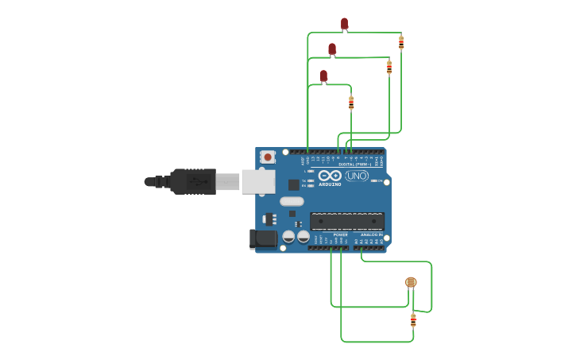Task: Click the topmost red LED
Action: (344, 23)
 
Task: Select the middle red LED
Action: (332, 48)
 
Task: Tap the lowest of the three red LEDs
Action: (323, 75)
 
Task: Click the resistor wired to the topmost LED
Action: (401, 43)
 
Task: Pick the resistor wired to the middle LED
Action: (389, 68)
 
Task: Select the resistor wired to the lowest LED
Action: (351, 103)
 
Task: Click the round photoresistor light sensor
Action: (411, 282)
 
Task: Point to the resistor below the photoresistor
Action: (413, 320)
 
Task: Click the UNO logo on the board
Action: (357, 176)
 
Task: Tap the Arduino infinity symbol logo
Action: (330, 175)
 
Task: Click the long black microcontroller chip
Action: (346, 221)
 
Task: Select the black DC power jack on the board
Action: (263, 238)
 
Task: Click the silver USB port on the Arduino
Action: (258, 181)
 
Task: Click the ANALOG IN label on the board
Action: (369, 235)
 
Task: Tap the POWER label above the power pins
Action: (340, 235)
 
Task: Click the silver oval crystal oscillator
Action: (292, 201)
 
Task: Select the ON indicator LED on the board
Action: (375, 180)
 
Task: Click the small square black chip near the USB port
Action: (294, 184)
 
